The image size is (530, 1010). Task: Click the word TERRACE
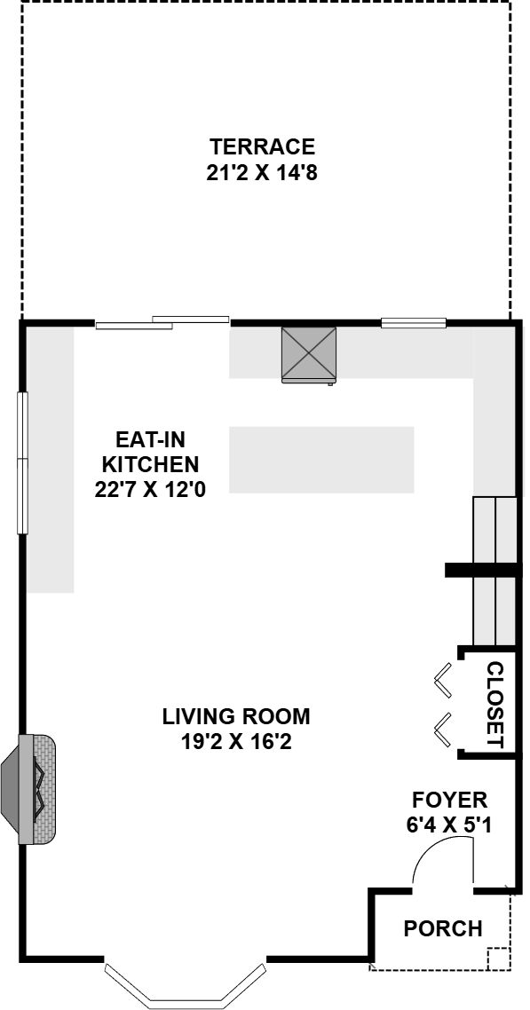(262, 146)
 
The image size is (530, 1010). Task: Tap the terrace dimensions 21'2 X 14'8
(262, 173)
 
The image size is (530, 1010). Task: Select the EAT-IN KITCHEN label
(151, 452)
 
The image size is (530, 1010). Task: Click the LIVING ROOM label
(235, 715)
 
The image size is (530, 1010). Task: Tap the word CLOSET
(494, 705)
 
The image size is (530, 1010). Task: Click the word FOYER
(449, 800)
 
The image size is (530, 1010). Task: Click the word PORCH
(443, 928)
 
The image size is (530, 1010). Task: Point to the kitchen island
(321, 459)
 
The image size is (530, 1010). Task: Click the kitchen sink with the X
(309, 356)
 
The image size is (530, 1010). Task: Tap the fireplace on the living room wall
(29, 789)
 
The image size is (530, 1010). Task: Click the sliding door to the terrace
(162, 322)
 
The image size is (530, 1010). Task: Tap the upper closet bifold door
(443, 680)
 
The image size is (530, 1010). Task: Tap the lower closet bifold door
(443, 730)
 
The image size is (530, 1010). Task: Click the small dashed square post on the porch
(498, 959)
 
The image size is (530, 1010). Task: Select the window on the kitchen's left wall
(22, 462)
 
